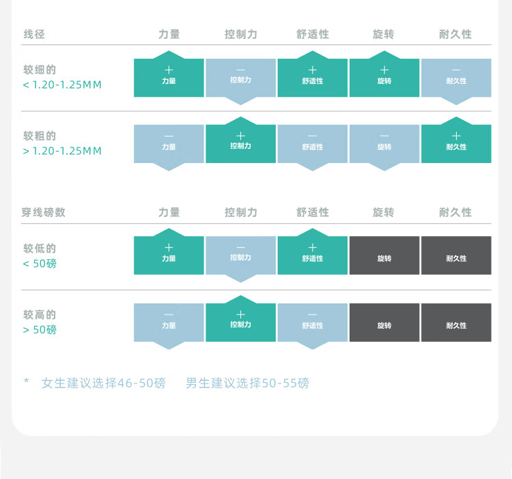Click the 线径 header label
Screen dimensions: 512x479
tap(34, 34)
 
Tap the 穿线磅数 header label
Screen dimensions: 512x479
tap(44, 212)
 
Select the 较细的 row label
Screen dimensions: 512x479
tap(40, 70)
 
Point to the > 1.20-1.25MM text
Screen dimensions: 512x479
tap(62, 151)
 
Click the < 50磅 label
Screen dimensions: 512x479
tap(40, 263)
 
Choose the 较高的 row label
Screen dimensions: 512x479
tap(40, 315)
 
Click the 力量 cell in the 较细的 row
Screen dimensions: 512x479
tap(169, 77)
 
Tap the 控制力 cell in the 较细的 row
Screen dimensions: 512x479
tap(240, 77)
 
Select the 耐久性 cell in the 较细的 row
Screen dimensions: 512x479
tap(456, 77)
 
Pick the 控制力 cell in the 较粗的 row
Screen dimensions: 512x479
tap(240, 143)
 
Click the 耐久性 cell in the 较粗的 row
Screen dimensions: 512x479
tap(456, 143)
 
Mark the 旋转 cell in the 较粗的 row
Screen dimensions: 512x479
tap(384, 144)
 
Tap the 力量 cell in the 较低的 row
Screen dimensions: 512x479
tap(169, 255)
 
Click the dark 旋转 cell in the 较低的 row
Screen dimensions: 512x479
tap(384, 255)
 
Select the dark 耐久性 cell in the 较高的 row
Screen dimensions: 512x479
tap(456, 322)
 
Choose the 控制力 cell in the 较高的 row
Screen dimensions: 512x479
tap(240, 321)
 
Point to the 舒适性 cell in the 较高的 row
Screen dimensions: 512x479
tap(313, 322)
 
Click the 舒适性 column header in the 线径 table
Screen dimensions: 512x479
tap(313, 34)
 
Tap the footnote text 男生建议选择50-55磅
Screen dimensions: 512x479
tap(247, 383)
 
